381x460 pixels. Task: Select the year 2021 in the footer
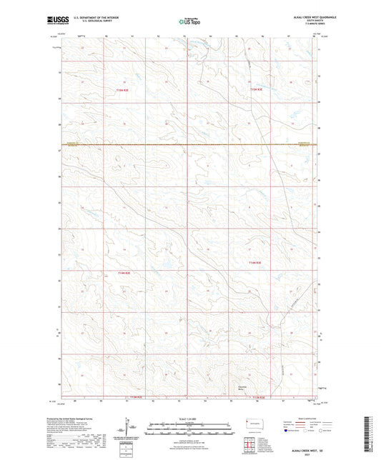point(303,454)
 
